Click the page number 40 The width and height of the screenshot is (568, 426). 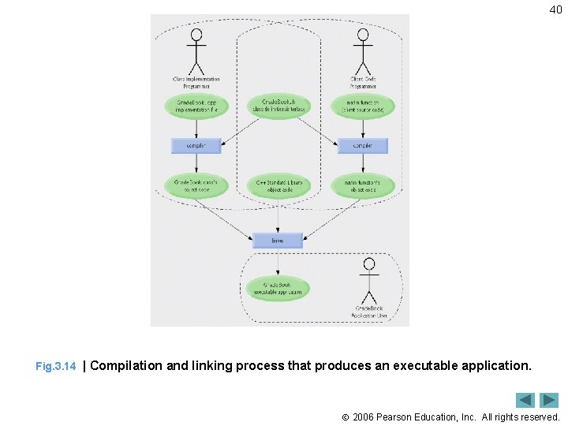pyautogui.click(x=555, y=9)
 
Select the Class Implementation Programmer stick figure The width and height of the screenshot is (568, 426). pyautogui.click(x=196, y=52)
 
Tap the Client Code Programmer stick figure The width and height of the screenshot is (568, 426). pyautogui.click(x=362, y=52)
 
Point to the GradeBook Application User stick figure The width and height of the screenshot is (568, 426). pyautogui.click(x=368, y=280)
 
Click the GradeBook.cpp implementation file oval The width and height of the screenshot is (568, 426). pyautogui.click(x=196, y=106)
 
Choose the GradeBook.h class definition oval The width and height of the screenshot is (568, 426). pyautogui.click(x=278, y=106)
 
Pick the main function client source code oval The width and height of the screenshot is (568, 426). pyautogui.click(x=362, y=106)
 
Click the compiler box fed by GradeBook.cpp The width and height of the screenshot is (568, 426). pyautogui.click(x=196, y=146)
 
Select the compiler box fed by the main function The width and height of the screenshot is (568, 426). pyautogui.click(x=362, y=146)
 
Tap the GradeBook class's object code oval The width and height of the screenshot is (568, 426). pyautogui.click(x=196, y=186)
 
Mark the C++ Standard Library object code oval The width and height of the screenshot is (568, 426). pyautogui.click(x=278, y=186)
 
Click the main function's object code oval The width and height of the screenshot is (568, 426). pyautogui.click(x=362, y=186)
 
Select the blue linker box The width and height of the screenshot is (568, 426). pyautogui.click(x=278, y=240)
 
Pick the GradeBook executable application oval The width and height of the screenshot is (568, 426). pyautogui.click(x=278, y=289)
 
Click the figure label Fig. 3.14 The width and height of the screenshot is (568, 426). pyautogui.click(x=56, y=367)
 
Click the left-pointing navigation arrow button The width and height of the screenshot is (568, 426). pyautogui.click(x=525, y=400)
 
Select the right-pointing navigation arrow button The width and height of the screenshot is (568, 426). pyautogui.click(x=549, y=400)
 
